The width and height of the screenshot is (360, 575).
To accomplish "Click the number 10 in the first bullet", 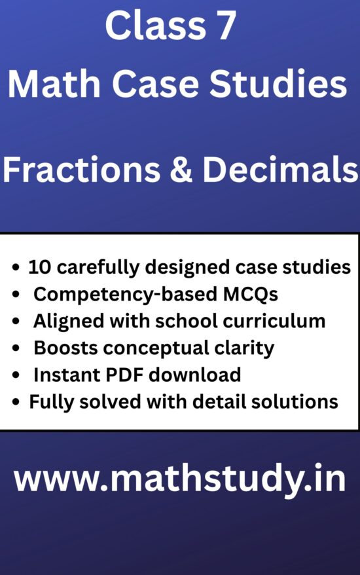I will pos(38,267).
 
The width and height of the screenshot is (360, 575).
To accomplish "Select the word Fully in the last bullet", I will pos(48,401).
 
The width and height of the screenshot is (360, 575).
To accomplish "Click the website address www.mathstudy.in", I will pos(180,480).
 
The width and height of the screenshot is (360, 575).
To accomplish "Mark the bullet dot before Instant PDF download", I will pos(16,375).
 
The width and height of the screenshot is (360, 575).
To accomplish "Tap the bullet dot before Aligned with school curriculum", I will pos(16,322).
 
